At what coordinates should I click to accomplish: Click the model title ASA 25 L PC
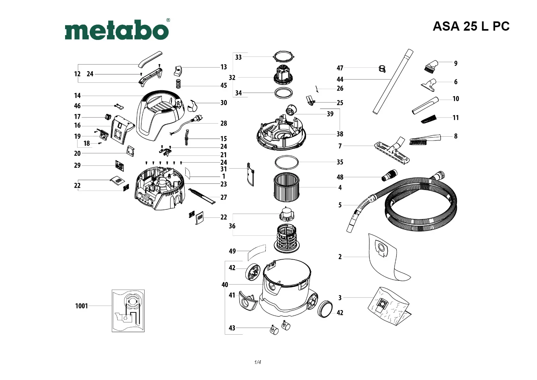click(471, 26)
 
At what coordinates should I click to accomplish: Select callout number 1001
click(81, 306)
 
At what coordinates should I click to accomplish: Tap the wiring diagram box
click(128, 311)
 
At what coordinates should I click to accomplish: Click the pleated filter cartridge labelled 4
click(286, 187)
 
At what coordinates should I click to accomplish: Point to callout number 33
click(238, 57)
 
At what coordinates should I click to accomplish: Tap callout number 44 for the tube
click(340, 79)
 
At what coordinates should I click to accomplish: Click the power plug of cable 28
click(198, 119)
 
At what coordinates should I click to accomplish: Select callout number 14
click(77, 95)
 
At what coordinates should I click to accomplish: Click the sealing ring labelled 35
click(287, 162)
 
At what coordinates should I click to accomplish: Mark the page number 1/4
click(257, 362)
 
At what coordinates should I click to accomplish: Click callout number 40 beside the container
click(225, 284)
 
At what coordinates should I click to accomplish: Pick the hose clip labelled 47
click(382, 68)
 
